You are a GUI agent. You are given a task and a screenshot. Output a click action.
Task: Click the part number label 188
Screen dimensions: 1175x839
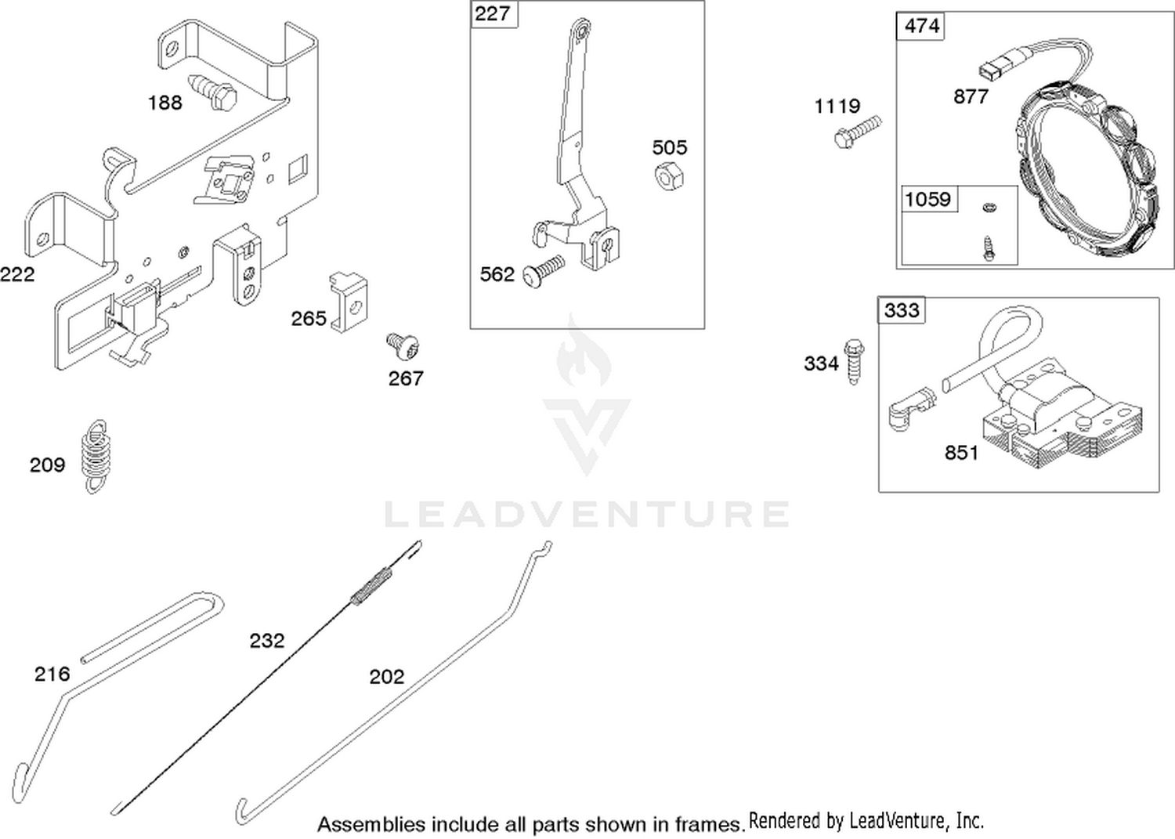coord(164,103)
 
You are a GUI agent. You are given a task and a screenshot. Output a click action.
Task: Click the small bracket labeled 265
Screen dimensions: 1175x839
coord(349,302)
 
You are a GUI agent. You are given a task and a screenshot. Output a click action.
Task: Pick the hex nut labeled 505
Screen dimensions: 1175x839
coord(669,175)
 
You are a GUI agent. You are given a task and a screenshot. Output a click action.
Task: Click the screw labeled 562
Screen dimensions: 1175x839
coord(544,270)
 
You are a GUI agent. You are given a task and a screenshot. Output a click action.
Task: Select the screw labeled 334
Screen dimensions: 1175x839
coord(854,361)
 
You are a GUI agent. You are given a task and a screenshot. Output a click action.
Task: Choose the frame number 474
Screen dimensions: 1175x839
coord(922,26)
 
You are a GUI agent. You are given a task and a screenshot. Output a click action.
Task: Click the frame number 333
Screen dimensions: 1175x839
coord(902,311)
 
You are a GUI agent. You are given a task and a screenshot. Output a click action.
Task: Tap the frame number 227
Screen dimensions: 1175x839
coord(492,13)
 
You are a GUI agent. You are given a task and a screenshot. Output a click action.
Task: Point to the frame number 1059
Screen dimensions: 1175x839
coord(928,200)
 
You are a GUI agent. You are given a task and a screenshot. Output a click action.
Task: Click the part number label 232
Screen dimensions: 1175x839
coord(267,641)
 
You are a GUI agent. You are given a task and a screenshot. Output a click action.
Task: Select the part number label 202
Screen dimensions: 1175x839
coord(387,677)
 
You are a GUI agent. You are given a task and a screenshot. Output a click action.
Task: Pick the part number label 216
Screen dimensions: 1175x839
coord(52,674)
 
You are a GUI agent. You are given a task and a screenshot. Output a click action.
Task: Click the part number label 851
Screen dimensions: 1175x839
coord(961,453)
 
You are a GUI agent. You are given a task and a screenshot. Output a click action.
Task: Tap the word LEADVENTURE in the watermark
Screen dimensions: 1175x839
coord(587,514)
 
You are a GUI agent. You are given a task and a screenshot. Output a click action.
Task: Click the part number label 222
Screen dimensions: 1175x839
coord(17,274)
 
